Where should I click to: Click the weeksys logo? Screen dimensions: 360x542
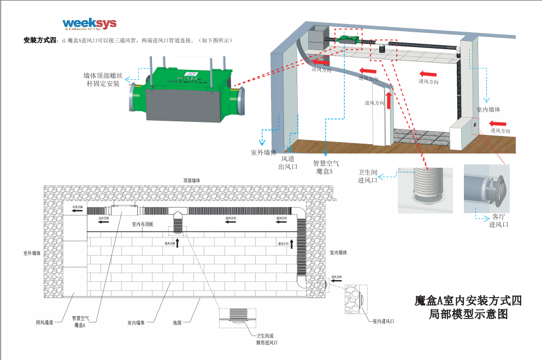(90, 25)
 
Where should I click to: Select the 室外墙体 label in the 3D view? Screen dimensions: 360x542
(264, 152)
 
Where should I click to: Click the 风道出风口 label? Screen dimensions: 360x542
(288, 163)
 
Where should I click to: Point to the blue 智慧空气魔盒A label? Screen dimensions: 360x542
(326, 167)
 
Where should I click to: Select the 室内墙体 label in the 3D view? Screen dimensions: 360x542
(488, 109)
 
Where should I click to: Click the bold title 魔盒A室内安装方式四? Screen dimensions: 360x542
(468, 300)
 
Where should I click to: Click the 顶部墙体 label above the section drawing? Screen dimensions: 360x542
(192, 180)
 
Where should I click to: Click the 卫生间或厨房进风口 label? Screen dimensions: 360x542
(267, 339)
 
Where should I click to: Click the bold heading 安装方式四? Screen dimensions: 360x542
(40, 40)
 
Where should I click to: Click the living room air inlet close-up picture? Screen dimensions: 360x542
(486, 188)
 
